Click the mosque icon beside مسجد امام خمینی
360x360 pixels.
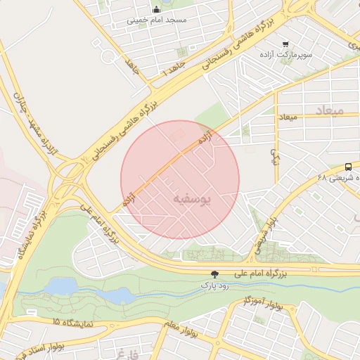pos(155,9)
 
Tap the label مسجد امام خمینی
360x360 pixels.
pos(156,20)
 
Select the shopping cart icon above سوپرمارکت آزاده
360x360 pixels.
pos(285,43)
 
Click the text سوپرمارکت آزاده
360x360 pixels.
pos(285,53)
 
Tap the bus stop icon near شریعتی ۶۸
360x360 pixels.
pos(349,167)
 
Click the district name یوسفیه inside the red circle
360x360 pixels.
pos(191,199)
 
